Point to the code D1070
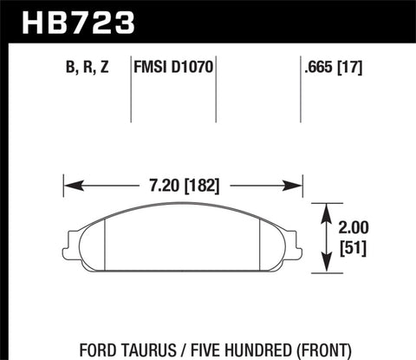tap(196, 64)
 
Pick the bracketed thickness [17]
tap(361, 64)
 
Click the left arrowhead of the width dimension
tap(70, 185)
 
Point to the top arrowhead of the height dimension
tap(326, 209)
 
